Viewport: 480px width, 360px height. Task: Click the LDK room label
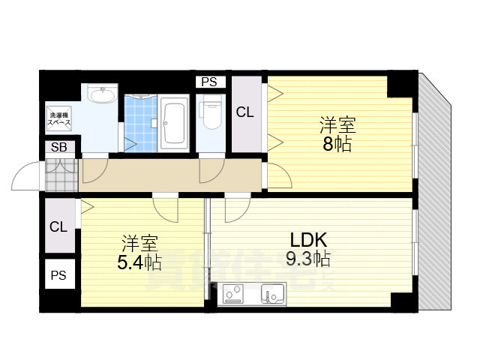[308, 240]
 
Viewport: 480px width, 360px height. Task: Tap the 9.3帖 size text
[308, 259]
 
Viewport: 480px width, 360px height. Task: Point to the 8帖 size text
[337, 145]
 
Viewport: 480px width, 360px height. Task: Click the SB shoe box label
[59, 147]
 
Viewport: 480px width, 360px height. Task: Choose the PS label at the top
[209, 82]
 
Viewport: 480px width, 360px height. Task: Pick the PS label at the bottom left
[58, 276]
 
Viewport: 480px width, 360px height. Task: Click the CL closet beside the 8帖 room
[244, 113]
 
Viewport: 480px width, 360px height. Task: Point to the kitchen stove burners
[233, 294]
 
